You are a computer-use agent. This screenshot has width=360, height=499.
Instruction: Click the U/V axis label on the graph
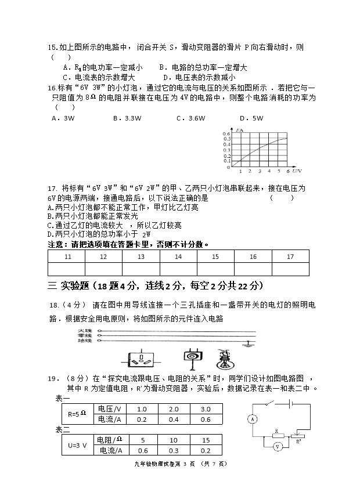pyautogui.click(x=297, y=171)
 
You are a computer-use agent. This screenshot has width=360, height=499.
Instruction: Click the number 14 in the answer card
pyautogui.click(x=178, y=256)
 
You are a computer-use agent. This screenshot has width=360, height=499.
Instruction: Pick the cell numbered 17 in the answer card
pyautogui.click(x=290, y=256)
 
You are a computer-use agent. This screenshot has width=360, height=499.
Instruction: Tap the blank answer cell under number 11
pyautogui.click(x=67, y=269)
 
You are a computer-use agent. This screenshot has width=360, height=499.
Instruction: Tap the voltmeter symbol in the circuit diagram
pyautogui.click(x=278, y=446)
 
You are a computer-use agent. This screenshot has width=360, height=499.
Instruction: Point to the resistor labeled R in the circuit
pyautogui.click(x=278, y=432)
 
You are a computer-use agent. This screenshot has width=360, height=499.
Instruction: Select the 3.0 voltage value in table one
pyautogui.click(x=204, y=408)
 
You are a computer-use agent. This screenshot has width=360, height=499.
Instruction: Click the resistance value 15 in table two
pyautogui.click(x=204, y=440)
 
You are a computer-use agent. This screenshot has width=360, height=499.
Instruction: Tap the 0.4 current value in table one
pyautogui.click(x=173, y=419)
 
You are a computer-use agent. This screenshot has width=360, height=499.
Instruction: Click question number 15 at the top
pyautogui.click(x=52, y=48)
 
